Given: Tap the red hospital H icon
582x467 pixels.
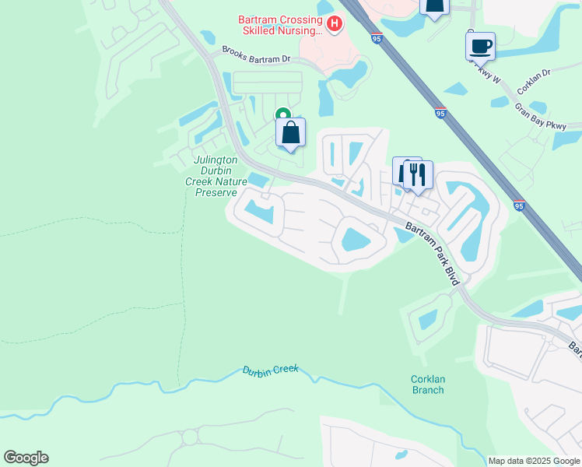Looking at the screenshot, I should click(335, 25).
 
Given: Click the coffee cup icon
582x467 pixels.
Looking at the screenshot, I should click(480, 45).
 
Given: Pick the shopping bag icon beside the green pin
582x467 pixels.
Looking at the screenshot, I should click(290, 133).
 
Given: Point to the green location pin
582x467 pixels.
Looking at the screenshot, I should click(283, 115).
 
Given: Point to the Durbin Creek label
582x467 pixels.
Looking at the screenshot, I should click(270, 371).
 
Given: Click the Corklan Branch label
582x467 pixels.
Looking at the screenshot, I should click(427, 384).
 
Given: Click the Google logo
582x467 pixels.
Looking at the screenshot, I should click(26, 457).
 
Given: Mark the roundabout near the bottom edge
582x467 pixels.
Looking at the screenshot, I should click(190, 437).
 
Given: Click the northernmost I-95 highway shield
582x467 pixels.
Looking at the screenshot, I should click(376, 37).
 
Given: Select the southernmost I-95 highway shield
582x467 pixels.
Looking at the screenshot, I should click(519, 205).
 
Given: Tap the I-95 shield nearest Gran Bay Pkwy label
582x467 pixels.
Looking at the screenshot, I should click(440, 114).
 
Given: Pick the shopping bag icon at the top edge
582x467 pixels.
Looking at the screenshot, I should click(434, 6).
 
